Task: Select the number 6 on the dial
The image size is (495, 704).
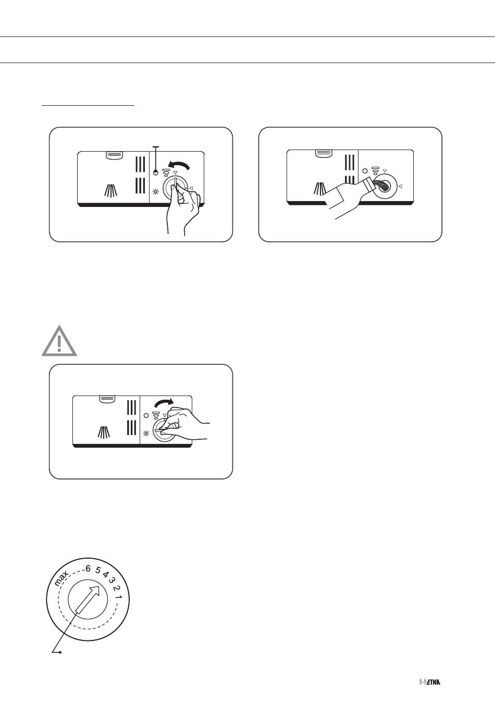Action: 88,569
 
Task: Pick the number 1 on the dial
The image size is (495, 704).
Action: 118,596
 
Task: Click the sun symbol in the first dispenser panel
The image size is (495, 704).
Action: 155,192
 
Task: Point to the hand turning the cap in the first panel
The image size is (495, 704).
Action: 182,207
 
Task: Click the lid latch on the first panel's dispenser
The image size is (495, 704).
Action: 115,155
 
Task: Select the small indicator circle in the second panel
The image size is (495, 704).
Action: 365,171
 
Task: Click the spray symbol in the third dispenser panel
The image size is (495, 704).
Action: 104,433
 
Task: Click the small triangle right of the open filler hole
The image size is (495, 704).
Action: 400,187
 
